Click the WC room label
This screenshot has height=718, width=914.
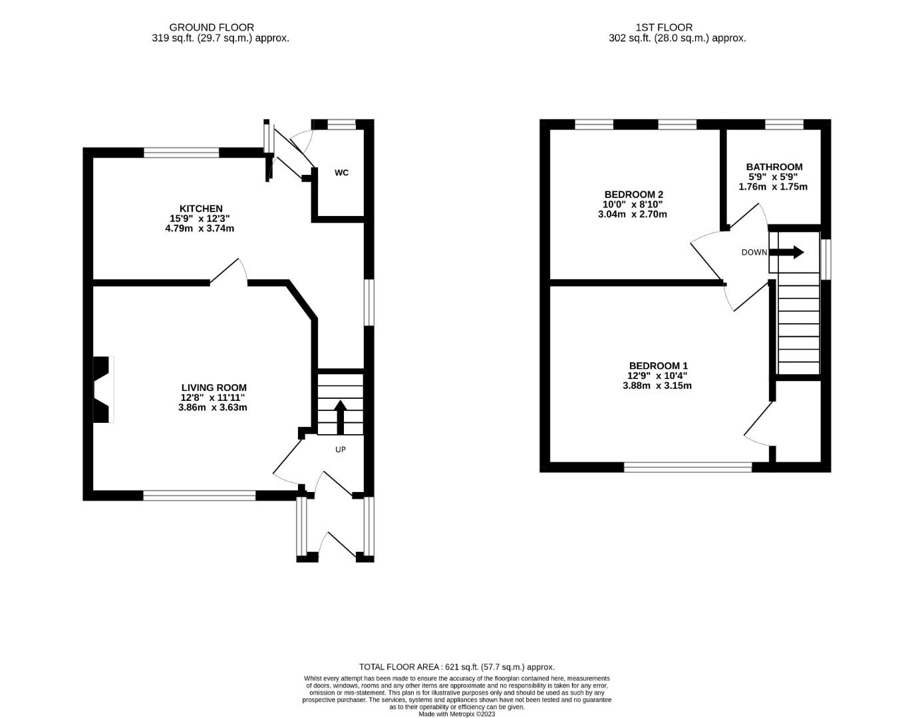[341, 173]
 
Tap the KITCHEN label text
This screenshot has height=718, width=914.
[201, 209]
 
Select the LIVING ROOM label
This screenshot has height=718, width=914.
[214, 388]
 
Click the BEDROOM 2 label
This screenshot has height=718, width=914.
[634, 195]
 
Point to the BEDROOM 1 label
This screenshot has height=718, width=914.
[659, 366]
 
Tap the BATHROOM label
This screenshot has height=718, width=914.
[774, 167]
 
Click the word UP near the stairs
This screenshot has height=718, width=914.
[341, 450]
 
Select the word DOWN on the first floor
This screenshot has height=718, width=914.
[754, 253]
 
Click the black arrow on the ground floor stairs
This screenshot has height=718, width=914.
[340, 418]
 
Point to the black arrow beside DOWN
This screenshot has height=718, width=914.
[786, 253]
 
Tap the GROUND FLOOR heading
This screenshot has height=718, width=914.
[212, 28]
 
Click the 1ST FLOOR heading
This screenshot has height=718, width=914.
[664, 28]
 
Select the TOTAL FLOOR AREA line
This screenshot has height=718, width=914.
[457, 667]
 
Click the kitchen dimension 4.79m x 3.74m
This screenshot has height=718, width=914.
[200, 229]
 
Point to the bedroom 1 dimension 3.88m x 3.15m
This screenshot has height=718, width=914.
[657, 386]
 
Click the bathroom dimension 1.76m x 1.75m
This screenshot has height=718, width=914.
[773, 187]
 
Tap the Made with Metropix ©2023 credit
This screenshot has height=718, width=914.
[457, 714]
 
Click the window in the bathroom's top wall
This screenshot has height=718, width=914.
[784, 124]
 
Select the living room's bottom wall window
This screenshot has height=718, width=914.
[200, 496]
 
